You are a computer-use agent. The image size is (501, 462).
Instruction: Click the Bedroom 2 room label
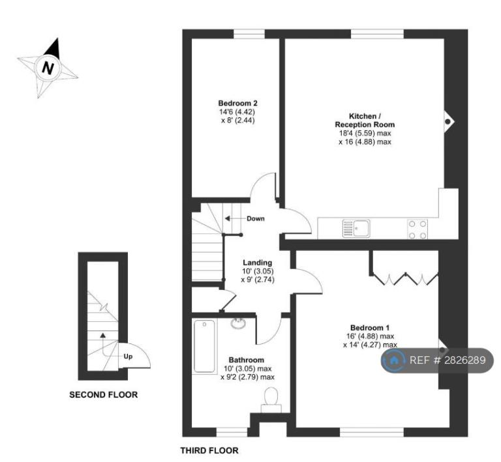tap(237, 104)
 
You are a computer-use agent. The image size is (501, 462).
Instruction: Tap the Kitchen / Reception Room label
tap(365, 121)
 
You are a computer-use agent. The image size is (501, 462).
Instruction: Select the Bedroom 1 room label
tap(370, 328)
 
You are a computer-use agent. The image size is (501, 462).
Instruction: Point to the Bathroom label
tap(247, 360)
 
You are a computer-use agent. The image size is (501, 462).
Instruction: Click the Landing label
tap(258, 263)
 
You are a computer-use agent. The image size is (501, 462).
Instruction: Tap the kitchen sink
tap(356, 228)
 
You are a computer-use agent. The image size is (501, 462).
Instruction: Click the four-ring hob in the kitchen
tap(418, 229)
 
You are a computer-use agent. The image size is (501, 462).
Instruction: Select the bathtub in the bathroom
tap(204, 346)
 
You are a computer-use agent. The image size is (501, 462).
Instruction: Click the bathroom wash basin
tap(238, 323)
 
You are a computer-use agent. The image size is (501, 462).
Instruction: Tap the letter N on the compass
tap(48, 68)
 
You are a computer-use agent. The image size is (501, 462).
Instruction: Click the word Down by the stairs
tap(256, 218)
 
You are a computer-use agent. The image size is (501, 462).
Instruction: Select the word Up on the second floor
tap(128, 356)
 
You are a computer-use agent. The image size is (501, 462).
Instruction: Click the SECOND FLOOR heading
tap(104, 395)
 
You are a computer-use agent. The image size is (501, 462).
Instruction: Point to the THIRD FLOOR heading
tap(209, 450)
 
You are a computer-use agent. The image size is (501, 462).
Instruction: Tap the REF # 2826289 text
tap(448, 360)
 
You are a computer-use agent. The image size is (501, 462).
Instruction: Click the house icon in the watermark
tap(394, 360)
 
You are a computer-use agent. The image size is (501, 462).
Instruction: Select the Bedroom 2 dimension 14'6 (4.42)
tap(237, 112)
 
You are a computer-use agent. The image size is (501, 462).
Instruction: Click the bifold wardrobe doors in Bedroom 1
tap(406, 279)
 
